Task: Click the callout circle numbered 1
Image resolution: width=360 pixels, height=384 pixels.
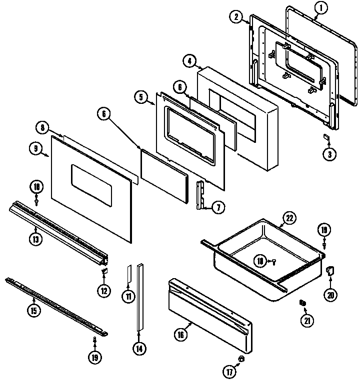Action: (x=320, y=7)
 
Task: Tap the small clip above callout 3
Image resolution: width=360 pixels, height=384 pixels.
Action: (x=325, y=137)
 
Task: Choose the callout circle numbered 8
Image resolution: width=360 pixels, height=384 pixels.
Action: (x=43, y=128)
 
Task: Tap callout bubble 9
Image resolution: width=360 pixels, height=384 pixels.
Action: (x=36, y=148)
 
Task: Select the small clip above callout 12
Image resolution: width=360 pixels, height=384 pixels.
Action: (x=104, y=272)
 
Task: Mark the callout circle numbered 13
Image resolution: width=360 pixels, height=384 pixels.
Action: (x=36, y=238)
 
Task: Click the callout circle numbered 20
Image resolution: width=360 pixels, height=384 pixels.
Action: (x=330, y=295)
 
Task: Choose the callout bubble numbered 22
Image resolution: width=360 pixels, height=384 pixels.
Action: (x=288, y=217)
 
